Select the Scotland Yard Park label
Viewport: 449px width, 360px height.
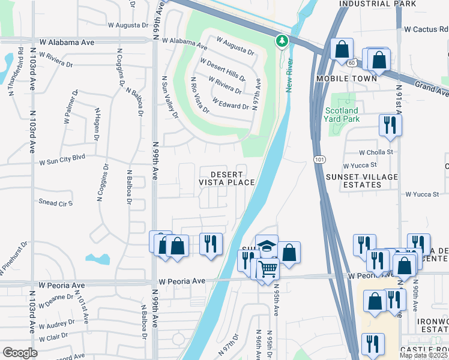tap(342, 115)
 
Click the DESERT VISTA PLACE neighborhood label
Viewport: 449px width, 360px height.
tap(227, 178)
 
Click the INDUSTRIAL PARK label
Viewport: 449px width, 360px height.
tap(378, 4)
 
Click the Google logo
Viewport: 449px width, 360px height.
tap(20, 353)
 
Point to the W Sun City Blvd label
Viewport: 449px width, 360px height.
tap(62, 161)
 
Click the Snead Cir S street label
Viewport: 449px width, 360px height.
tap(55, 203)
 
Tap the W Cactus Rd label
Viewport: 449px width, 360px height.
tap(426, 29)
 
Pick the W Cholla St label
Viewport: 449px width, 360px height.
tap(376, 152)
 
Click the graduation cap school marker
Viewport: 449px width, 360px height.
tap(267, 245)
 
